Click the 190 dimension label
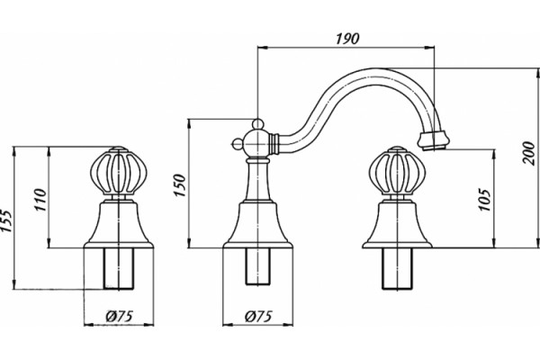[347, 39]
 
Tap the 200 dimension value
[528, 153]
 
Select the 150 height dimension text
[180, 185]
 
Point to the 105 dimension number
[484, 200]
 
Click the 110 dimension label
[40, 200]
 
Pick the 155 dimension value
[6, 220]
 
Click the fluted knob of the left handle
[118, 171]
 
